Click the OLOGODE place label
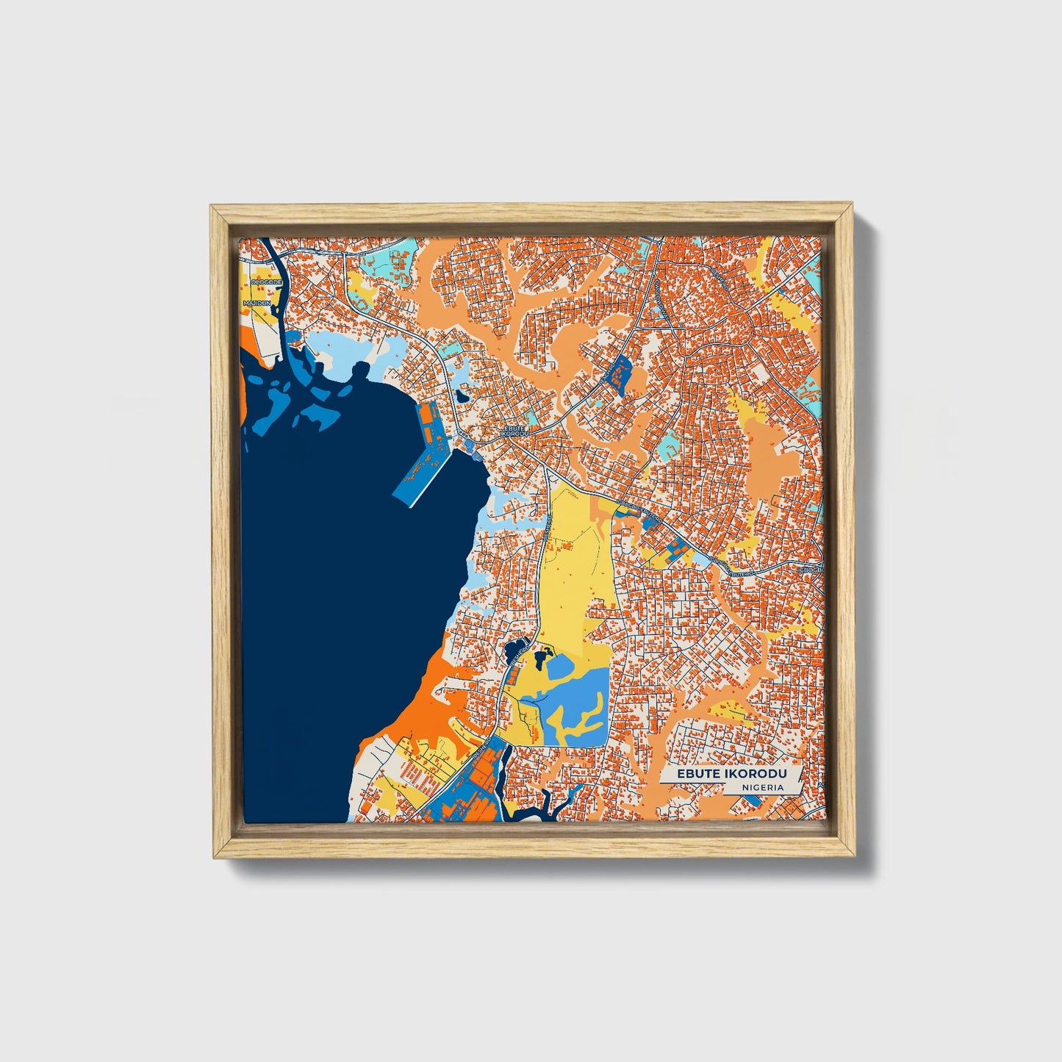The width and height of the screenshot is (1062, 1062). coord(256,281)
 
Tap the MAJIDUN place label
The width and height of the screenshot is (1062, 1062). coord(258,302)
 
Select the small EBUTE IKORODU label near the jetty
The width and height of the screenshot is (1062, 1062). coord(514,431)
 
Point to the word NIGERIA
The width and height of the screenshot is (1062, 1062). coord(761,786)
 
